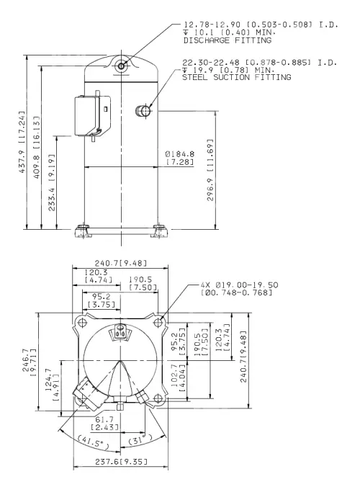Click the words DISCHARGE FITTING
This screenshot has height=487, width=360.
[228, 40]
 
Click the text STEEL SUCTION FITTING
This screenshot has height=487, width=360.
[236, 77]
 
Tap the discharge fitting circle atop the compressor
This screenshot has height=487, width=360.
[121, 66]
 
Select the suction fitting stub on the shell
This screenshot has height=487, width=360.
[143, 111]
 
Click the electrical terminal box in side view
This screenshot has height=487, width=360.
[92, 115]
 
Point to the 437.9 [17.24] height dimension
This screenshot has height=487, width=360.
[22, 142]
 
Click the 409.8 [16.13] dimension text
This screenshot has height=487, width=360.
[37, 147]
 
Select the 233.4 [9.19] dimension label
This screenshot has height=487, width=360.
[52, 183]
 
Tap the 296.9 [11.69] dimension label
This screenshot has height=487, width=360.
[210, 170]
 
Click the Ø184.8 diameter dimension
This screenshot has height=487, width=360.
[180, 158]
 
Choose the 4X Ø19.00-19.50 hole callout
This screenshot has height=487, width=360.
[239, 289]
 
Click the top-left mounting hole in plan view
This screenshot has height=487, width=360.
[82, 323]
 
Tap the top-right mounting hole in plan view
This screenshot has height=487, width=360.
[158, 323]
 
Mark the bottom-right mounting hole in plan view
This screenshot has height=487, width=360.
[158, 398]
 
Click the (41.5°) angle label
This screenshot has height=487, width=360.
[93, 442]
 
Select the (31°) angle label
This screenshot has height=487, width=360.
[140, 439]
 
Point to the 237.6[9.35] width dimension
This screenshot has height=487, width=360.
[121, 462]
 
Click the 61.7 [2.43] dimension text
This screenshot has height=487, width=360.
[104, 424]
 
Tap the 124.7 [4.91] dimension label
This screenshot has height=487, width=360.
[52, 384]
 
